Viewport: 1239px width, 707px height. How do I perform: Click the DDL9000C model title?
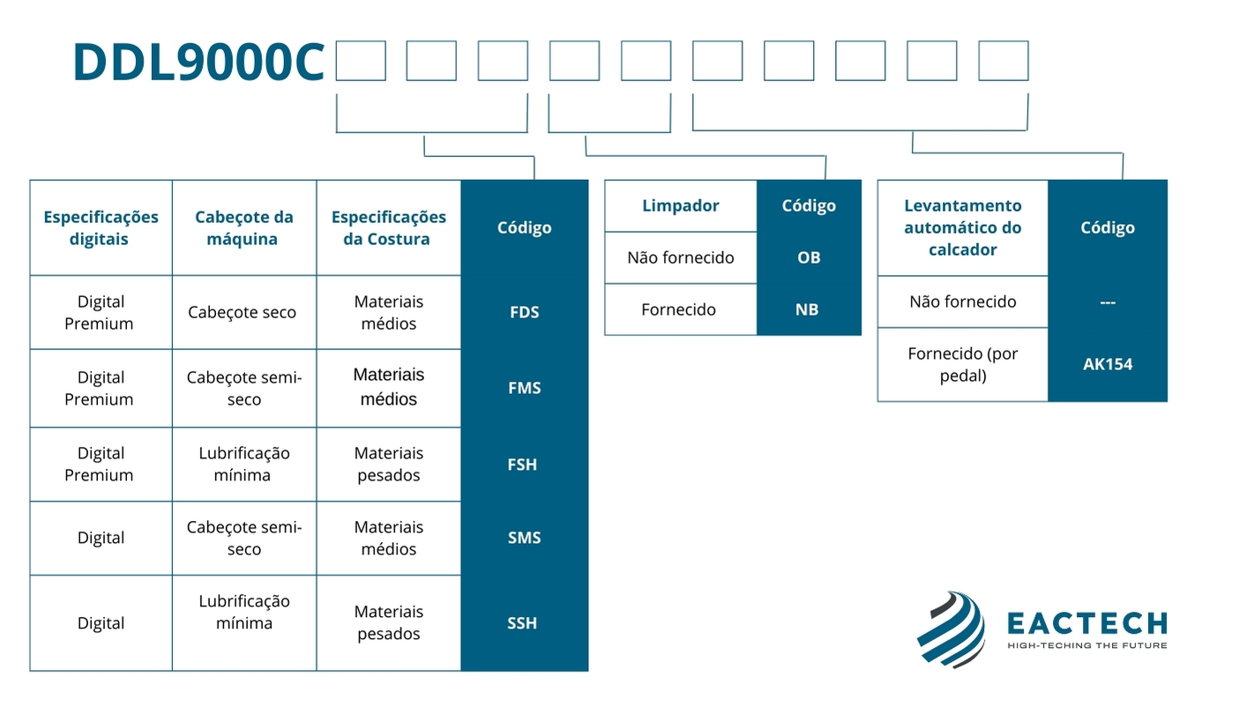(x=198, y=63)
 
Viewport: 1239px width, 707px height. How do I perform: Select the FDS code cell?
(x=524, y=312)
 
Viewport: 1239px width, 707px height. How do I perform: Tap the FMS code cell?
(x=524, y=388)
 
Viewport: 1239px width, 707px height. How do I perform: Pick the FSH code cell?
(x=522, y=465)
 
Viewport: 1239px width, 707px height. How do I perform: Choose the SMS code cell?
(x=524, y=538)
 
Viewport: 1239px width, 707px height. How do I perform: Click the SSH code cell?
(x=522, y=623)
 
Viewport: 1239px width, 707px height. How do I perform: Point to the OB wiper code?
(x=808, y=257)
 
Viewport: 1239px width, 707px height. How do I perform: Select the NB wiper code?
(x=807, y=309)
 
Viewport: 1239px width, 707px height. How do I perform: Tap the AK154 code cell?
(x=1108, y=364)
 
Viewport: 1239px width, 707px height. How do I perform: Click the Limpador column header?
(x=680, y=205)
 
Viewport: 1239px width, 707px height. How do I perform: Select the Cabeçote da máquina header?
(x=243, y=227)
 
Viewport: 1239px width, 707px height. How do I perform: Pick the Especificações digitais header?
(x=101, y=227)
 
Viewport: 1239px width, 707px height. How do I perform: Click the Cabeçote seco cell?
(x=243, y=312)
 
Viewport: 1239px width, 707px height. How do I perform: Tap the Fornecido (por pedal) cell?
(x=962, y=364)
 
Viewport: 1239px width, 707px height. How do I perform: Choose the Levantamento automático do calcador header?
(x=962, y=227)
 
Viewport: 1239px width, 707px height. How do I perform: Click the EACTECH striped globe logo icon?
(x=951, y=629)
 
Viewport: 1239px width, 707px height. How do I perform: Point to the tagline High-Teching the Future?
(x=1086, y=645)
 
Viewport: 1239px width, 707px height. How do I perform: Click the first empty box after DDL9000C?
(x=361, y=61)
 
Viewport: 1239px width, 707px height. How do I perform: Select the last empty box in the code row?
(x=1004, y=61)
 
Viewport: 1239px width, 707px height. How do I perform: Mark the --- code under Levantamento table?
(x=1108, y=302)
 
